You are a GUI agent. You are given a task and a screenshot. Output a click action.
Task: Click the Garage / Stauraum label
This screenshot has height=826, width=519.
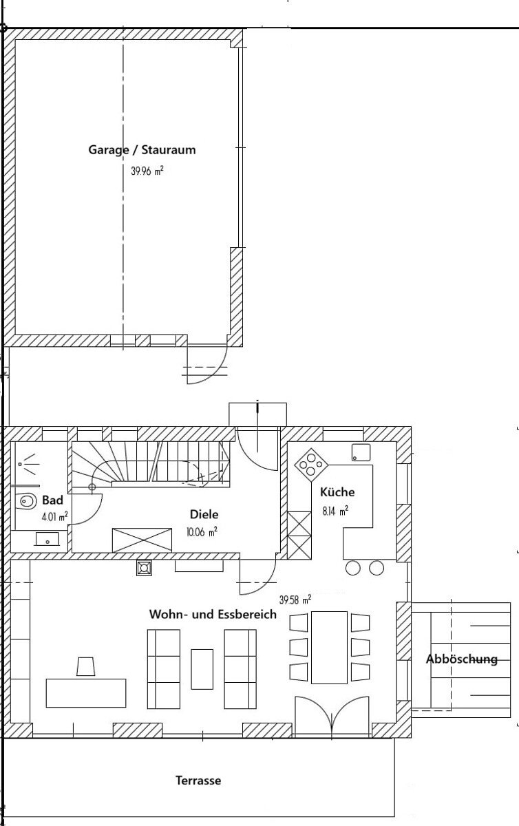coord(142,150)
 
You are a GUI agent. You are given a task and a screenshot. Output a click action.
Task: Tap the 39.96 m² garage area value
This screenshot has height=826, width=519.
coord(147,171)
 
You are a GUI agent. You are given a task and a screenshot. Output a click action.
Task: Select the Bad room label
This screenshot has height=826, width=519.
coord(52,500)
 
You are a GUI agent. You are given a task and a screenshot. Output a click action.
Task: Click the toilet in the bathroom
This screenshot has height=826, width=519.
coord(27,501)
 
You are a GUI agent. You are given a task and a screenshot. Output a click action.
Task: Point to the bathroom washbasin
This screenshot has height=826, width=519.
coord(47,539)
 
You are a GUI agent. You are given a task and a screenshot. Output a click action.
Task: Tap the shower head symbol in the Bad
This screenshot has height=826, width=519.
coord(28,464)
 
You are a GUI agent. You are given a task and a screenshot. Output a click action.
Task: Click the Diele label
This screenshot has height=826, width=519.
coord(204,514)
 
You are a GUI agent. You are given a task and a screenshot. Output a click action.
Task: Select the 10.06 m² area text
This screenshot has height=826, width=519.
coord(202,531)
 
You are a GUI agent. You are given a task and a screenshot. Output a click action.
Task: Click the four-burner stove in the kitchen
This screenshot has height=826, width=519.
coord(311,465)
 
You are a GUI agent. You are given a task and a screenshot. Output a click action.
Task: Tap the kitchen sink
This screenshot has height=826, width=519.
coord(361,452)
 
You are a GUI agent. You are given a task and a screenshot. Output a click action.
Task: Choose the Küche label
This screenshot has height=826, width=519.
coord(337,491)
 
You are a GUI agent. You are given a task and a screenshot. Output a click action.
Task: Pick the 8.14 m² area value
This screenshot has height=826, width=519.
coord(335,511)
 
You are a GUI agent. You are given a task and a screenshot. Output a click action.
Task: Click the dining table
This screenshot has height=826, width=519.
coord(329,648)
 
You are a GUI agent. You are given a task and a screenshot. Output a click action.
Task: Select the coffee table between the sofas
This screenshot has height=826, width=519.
coord(202,669)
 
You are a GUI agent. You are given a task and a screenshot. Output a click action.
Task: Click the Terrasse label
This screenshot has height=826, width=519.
coord(198,781)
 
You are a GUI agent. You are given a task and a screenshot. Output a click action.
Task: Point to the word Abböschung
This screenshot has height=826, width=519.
coord(461,659)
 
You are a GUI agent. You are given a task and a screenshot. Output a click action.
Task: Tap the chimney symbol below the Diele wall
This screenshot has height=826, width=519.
coord(144,569)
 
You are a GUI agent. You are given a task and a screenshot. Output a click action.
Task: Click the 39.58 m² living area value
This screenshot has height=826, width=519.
coord(295,600)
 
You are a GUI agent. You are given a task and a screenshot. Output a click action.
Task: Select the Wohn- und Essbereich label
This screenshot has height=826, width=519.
coord(213,614)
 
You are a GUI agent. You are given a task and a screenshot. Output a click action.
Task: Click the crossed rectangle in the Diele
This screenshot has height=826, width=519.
coord(142,540)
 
